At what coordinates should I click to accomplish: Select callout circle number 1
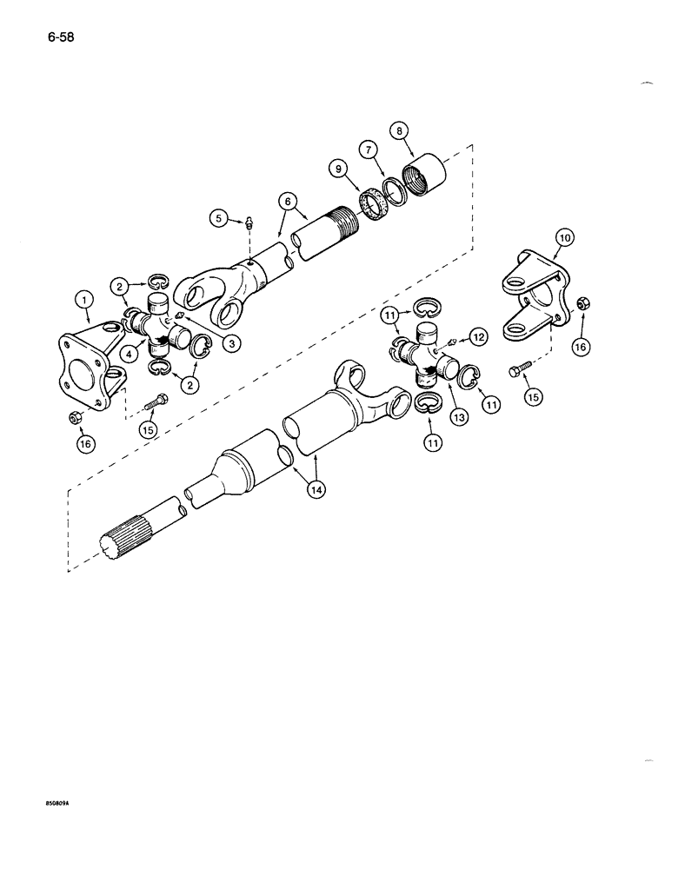tap(83, 301)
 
